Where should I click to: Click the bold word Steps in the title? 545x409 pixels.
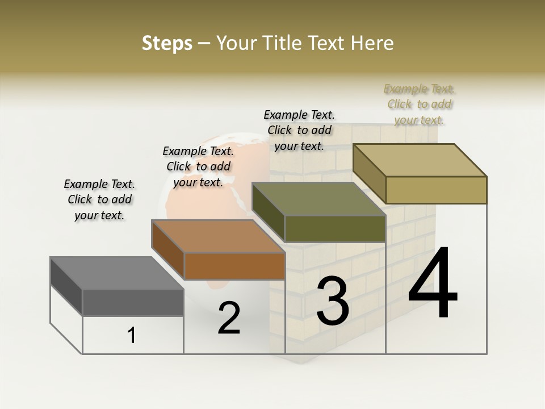click(x=167, y=43)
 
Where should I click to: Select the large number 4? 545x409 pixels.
click(x=433, y=283)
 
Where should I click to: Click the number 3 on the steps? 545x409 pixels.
click(x=333, y=301)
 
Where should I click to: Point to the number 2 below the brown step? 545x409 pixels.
click(x=229, y=318)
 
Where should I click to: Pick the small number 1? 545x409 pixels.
click(x=132, y=336)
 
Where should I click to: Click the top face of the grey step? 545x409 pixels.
click(x=116, y=273)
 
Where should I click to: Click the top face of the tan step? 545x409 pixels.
click(x=420, y=160)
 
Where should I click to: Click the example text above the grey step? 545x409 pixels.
click(x=99, y=199)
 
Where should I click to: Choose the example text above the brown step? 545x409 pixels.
click(x=198, y=166)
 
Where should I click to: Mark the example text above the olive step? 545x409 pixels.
click(x=299, y=130)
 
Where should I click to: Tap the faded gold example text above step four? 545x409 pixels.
click(x=420, y=105)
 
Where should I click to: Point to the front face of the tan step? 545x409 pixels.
click(x=436, y=190)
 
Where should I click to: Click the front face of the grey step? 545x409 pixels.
click(x=133, y=303)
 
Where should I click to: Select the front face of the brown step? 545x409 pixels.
click(x=234, y=266)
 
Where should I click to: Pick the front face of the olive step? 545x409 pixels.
click(x=335, y=228)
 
